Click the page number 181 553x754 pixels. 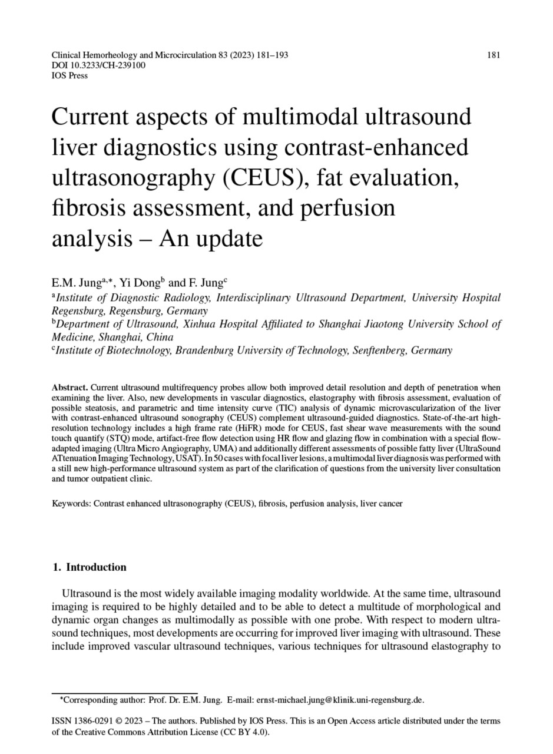coord(494,55)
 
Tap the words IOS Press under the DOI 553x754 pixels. coord(69,75)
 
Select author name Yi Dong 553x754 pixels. coord(135,283)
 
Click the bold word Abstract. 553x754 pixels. coord(70,388)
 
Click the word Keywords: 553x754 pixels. coord(71,504)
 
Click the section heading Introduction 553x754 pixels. coord(96,567)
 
